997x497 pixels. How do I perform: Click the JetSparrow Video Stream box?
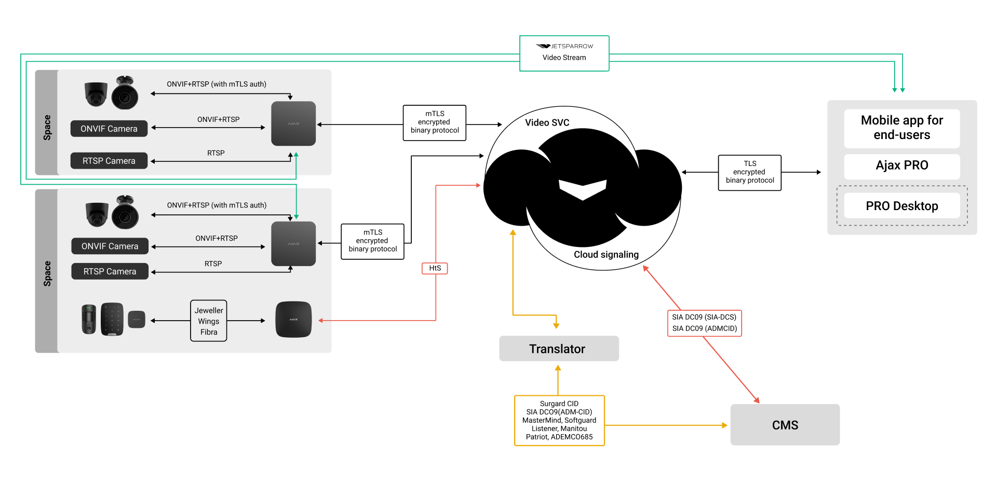(564, 53)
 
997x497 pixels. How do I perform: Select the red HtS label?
(435, 268)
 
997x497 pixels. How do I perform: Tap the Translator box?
(559, 349)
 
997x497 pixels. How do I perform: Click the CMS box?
(785, 425)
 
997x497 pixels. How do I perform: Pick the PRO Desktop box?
(901, 206)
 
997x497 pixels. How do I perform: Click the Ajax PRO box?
(901, 165)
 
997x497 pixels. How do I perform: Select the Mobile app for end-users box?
(901, 128)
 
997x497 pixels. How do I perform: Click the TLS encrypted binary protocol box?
(749, 172)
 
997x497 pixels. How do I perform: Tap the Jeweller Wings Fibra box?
(209, 321)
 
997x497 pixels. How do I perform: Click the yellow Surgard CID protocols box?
(559, 420)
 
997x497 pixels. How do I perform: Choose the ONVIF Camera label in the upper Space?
(109, 129)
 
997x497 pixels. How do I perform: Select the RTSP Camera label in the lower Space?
(110, 271)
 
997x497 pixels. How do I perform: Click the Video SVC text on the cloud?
(547, 123)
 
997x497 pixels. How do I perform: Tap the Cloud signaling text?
(606, 255)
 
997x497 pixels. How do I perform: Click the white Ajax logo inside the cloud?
(583, 189)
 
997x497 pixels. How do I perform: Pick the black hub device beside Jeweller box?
(293, 319)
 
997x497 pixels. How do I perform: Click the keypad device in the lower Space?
(112, 319)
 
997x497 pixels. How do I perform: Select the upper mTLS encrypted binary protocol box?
(435, 122)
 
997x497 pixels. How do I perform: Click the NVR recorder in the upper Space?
(293, 123)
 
